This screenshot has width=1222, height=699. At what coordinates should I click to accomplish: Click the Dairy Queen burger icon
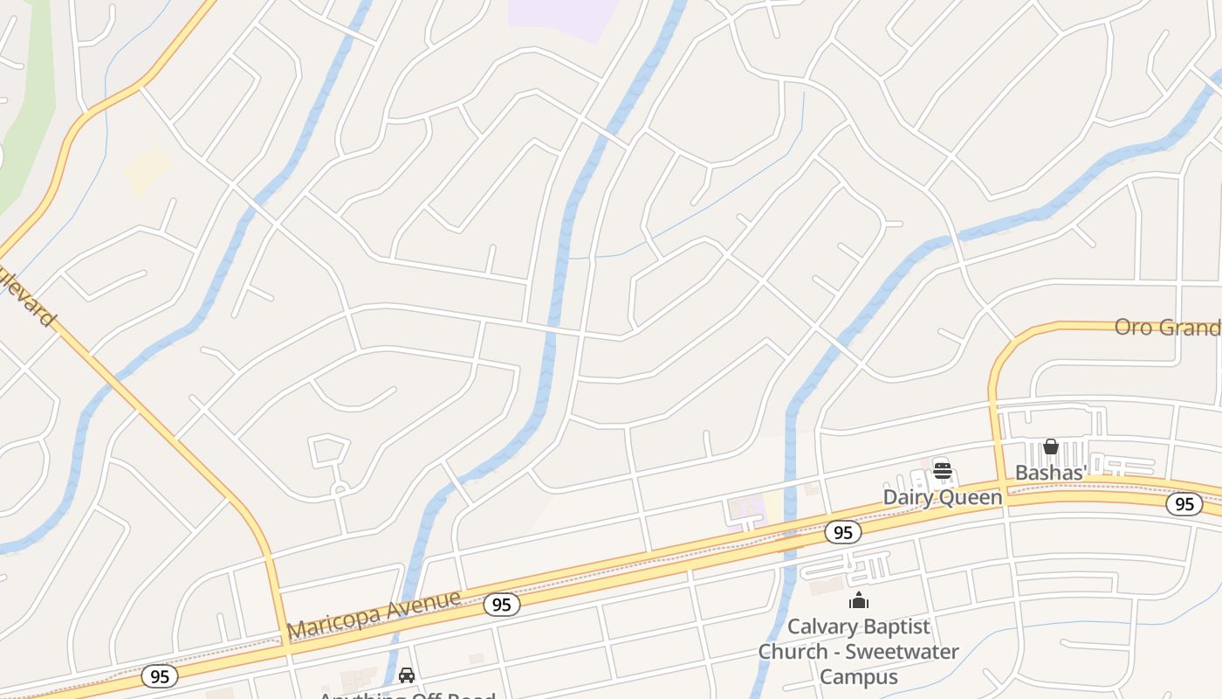click(x=942, y=471)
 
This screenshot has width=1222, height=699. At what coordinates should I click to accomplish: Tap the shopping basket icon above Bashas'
click(x=1051, y=446)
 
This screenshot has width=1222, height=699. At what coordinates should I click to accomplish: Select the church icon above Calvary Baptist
click(x=859, y=600)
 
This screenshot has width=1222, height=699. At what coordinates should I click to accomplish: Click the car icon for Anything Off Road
click(x=407, y=675)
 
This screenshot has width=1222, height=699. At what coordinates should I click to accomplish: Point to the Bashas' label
click(x=1051, y=474)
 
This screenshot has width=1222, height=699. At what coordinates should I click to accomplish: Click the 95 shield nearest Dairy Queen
click(x=842, y=532)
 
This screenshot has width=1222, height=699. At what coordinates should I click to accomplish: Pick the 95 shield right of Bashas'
click(x=1184, y=504)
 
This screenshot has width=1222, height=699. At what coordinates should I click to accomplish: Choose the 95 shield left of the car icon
click(x=159, y=676)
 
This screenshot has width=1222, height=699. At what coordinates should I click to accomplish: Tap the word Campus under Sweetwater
click(x=859, y=677)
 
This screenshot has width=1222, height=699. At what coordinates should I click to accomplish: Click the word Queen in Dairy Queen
click(x=972, y=498)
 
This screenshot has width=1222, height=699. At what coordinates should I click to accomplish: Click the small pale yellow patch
click(x=148, y=170)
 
